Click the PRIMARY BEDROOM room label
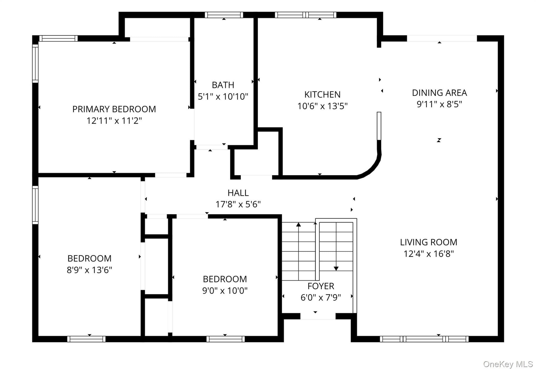(x=114, y=109)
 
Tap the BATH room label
(x=223, y=85)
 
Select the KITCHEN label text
(x=322, y=94)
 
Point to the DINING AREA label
(x=439, y=93)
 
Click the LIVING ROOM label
(x=429, y=242)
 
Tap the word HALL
(x=238, y=193)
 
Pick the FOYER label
(x=321, y=286)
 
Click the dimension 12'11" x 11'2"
(x=114, y=121)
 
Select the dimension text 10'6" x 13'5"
(x=322, y=106)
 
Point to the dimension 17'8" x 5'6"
(x=238, y=204)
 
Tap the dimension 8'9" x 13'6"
(x=90, y=270)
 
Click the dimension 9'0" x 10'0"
(x=225, y=290)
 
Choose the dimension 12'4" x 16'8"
(x=429, y=254)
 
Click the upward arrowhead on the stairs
(x=299, y=224)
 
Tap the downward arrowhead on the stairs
(x=336, y=269)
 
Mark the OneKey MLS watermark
(x=508, y=364)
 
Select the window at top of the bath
(x=224, y=15)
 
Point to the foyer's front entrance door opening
(x=318, y=316)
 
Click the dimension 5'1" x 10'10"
(x=223, y=96)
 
